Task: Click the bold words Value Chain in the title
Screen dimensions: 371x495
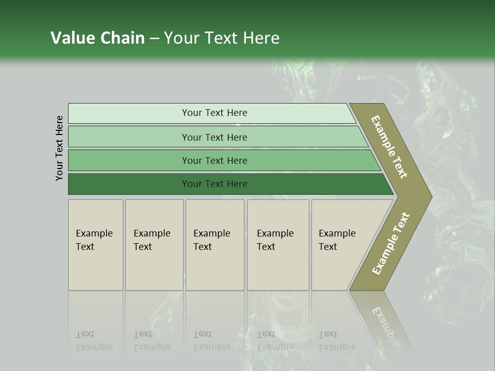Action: click(x=97, y=38)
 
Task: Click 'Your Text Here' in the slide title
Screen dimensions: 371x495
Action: click(x=222, y=38)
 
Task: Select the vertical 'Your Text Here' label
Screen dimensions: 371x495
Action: click(x=59, y=148)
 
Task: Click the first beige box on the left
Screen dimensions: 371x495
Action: click(x=95, y=245)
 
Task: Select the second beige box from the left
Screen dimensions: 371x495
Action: click(x=154, y=245)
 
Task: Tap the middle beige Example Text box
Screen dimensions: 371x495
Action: click(x=214, y=245)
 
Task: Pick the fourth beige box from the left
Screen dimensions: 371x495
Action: click(x=278, y=245)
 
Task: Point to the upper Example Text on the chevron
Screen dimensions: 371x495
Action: click(x=389, y=147)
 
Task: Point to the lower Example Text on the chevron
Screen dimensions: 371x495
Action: click(x=391, y=244)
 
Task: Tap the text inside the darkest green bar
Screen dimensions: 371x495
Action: click(x=214, y=184)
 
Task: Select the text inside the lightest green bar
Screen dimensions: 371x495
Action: click(x=214, y=113)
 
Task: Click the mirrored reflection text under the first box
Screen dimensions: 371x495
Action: click(x=94, y=341)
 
